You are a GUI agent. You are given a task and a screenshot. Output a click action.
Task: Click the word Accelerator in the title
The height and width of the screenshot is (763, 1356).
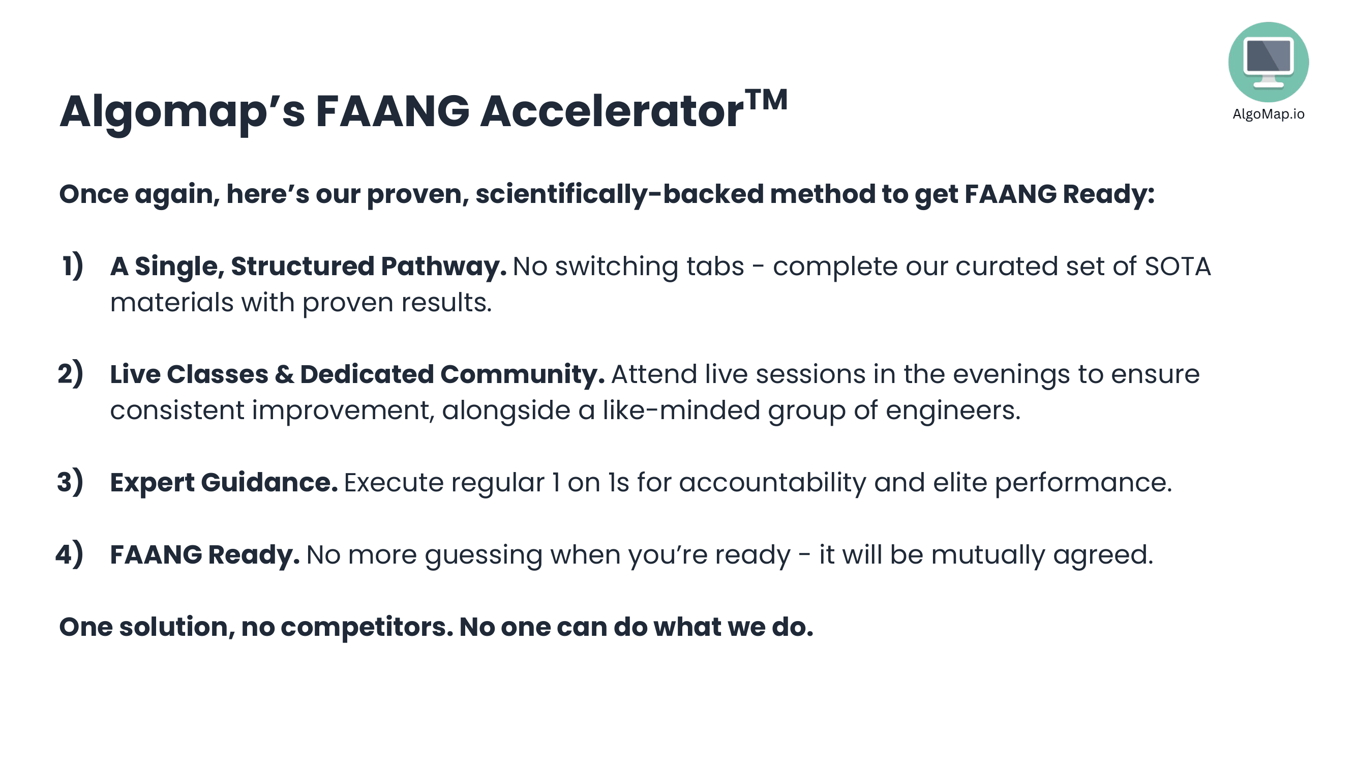[x=612, y=111]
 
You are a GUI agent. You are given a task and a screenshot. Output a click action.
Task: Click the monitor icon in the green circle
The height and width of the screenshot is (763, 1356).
[x=1269, y=62]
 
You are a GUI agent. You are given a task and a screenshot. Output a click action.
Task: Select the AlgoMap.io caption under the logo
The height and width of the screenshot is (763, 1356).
[x=1269, y=114]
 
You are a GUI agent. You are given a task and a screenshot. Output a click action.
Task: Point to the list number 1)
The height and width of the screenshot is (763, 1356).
[x=73, y=266]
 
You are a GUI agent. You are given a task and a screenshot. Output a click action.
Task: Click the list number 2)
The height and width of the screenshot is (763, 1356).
[x=71, y=374]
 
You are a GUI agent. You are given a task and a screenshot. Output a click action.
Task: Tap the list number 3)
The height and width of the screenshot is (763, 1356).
[x=70, y=482]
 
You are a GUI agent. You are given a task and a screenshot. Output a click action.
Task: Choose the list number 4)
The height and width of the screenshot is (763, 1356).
[x=70, y=554]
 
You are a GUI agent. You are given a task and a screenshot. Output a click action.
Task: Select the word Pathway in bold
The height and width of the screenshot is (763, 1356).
[x=444, y=267]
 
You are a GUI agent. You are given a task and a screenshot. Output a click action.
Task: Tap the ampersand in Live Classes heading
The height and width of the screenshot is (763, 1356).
[x=284, y=374]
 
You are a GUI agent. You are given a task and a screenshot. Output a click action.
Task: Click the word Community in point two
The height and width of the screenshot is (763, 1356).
[x=522, y=375]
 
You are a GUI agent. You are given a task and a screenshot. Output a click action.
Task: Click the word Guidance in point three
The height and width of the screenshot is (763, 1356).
[x=269, y=482]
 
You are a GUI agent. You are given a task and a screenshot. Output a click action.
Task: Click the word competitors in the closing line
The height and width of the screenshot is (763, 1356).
[x=367, y=628]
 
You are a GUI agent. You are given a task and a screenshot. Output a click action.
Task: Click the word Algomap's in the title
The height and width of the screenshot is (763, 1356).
[x=182, y=112]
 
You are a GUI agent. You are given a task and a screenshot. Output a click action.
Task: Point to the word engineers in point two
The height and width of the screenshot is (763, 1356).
[x=953, y=411]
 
